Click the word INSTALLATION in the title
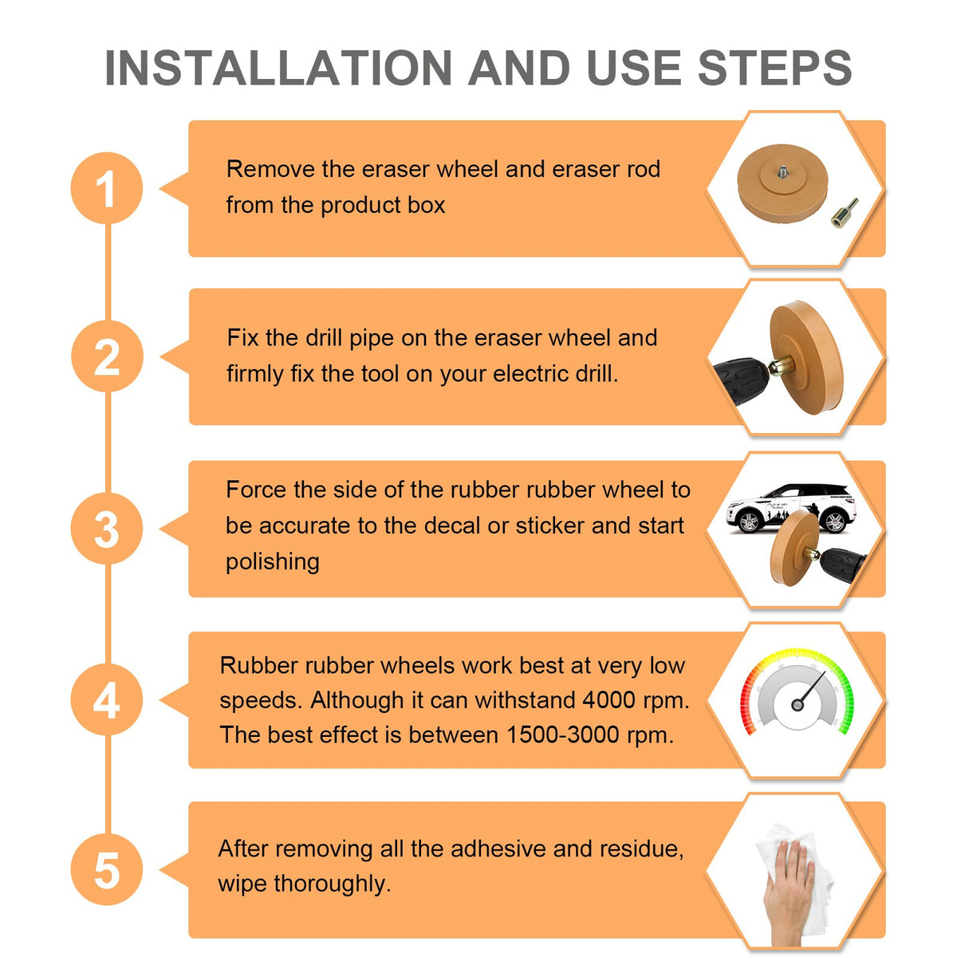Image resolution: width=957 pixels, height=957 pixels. (278, 68)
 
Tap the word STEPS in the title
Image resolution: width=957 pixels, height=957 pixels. (774, 68)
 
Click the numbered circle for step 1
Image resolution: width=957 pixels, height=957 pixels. (107, 187)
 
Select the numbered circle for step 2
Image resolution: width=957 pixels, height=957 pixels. (107, 356)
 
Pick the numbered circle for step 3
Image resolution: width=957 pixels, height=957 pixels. (107, 529)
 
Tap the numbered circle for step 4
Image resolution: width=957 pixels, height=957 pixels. (107, 699)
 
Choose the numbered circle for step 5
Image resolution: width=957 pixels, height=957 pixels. (107, 869)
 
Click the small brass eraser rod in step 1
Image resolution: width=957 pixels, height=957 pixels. (845, 213)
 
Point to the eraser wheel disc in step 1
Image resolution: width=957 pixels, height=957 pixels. (782, 183)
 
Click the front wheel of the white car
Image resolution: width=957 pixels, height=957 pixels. (748, 522)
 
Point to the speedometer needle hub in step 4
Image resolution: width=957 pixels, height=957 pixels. (797, 704)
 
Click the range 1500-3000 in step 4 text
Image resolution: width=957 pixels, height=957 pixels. (563, 735)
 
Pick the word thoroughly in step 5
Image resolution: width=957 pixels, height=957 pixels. (333, 884)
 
